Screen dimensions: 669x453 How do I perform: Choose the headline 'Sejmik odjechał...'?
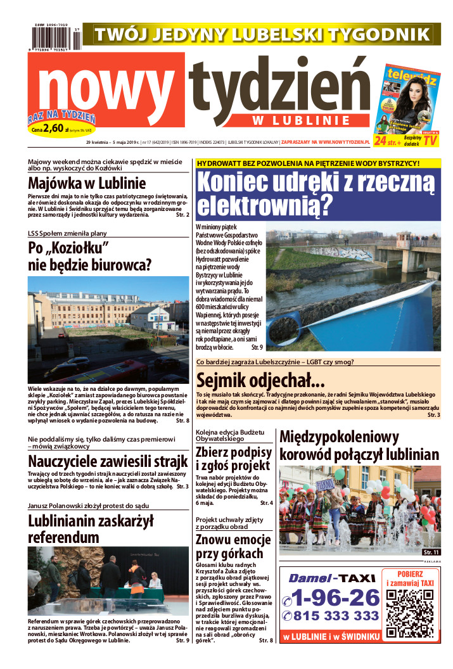click(260, 380)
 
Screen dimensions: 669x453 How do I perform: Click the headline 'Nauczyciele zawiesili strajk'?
click(108, 461)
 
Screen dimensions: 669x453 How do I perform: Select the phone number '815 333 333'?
click(336, 616)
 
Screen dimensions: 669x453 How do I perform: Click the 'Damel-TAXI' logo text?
click(333, 578)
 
